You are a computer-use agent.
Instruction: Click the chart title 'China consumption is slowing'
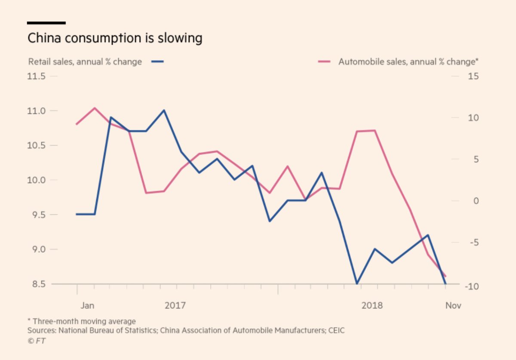115,38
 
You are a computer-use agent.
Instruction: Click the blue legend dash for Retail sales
158,62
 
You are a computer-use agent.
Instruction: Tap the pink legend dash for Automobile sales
324,62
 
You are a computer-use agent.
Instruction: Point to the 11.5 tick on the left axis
37,76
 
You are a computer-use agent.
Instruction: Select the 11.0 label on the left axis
37,111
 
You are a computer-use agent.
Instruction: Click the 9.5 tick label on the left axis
37,215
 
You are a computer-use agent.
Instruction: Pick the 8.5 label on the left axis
37,284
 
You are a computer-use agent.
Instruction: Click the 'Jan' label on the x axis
87,306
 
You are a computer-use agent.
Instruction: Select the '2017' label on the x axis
175,306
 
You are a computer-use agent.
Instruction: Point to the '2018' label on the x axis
372,306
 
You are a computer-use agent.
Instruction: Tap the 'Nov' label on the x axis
453,306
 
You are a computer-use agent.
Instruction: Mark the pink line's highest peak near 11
95,108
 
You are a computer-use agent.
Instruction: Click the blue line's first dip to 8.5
356,284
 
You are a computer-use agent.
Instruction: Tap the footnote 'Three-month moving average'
84,321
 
